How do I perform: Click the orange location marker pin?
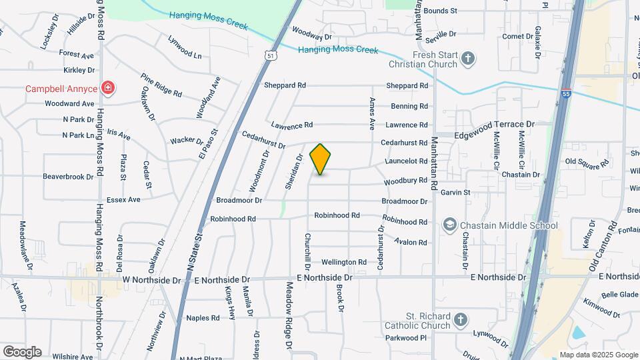point(321,159)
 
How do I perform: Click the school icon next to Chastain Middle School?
point(450,225)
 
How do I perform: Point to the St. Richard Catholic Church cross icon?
point(460,321)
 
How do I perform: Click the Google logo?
point(21,351)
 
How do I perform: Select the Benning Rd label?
point(409,106)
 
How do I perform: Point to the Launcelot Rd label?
point(406,161)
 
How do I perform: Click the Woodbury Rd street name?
point(405,181)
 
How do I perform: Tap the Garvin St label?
point(455,193)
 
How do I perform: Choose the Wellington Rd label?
point(344,262)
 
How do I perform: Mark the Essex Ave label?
point(123,199)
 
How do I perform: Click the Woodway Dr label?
point(311,35)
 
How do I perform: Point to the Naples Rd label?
point(203,317)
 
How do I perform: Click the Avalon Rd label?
point(411,241)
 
